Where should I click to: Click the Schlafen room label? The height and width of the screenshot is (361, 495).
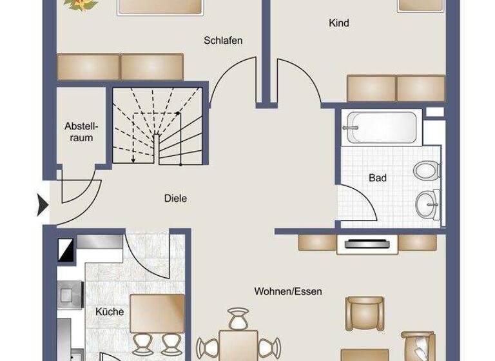click(223, 41)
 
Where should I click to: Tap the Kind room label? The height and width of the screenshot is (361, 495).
click(339, 23)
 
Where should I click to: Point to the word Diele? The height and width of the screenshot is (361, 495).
click(175, 199)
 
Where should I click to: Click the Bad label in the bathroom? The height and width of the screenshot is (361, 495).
click(377, 177)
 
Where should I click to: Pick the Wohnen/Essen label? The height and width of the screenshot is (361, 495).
click(288, 291)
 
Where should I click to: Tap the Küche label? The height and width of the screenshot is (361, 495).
click(110, 312)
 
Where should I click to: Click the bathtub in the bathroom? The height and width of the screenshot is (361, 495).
click(380, 126)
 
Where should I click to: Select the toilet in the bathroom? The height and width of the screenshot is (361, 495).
click(427, 171)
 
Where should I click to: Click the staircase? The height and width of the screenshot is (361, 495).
click(158, 126)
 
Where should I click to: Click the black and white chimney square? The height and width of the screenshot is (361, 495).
click(66, 249)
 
